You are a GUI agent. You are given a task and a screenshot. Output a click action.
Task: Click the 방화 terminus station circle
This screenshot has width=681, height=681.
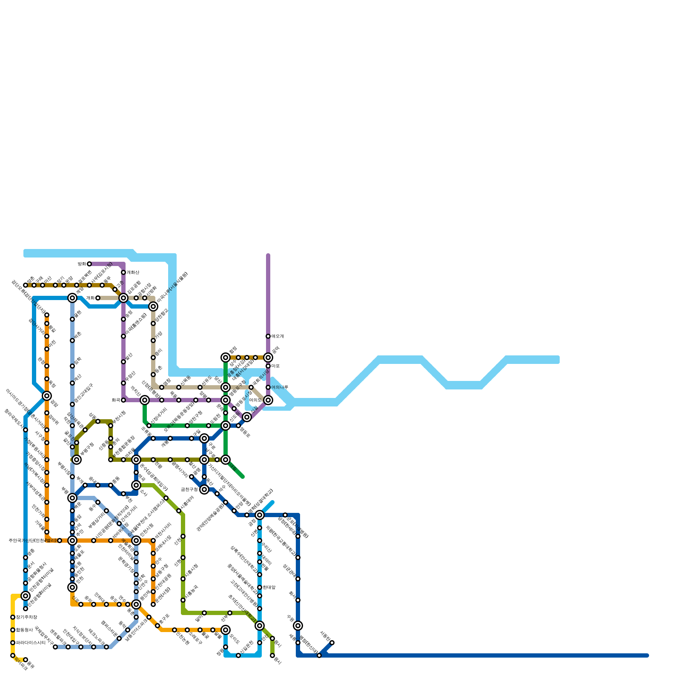[x=89, y=264]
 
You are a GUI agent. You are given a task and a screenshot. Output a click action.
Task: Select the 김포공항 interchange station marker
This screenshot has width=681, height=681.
[x=123, y=298]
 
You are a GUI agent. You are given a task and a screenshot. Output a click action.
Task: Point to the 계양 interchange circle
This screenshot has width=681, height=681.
[x=72, y=298]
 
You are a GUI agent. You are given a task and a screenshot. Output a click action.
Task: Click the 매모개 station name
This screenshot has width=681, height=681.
[x=278, y=336]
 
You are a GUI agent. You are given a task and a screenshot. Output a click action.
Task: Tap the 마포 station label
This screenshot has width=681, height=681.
[x=275, y=366]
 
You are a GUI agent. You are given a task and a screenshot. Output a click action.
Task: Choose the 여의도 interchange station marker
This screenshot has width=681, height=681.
[x=268, y=400]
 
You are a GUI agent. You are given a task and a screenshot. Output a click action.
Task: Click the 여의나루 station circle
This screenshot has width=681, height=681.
[x=268, y=387]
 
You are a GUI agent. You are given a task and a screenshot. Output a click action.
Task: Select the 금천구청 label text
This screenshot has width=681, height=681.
[x=189, y=489]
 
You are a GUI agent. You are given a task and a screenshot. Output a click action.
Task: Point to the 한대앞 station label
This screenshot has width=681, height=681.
[x=269, y=587]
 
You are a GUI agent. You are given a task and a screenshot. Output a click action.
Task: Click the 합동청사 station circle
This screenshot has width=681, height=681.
[x=13, y=630]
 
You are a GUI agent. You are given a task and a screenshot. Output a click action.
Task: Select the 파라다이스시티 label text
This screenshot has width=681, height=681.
[x=31, y=643]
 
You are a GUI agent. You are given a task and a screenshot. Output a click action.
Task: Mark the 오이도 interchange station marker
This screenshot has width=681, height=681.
[x=226, y=630]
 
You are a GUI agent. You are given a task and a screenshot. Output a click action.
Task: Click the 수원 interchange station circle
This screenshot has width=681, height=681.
[x=298, y=626]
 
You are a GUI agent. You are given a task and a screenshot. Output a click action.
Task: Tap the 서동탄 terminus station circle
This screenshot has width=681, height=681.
[x=332, y=643]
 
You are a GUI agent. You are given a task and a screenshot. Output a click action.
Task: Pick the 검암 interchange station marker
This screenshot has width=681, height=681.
[x=47, y=396]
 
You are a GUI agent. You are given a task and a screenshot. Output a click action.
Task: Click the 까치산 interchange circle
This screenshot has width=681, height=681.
[x=145, y=400]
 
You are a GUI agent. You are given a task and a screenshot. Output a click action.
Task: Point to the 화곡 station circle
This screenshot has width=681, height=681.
[x=123, y=400]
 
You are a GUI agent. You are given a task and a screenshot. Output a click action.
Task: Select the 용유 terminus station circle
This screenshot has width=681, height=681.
[x=26, y=660]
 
